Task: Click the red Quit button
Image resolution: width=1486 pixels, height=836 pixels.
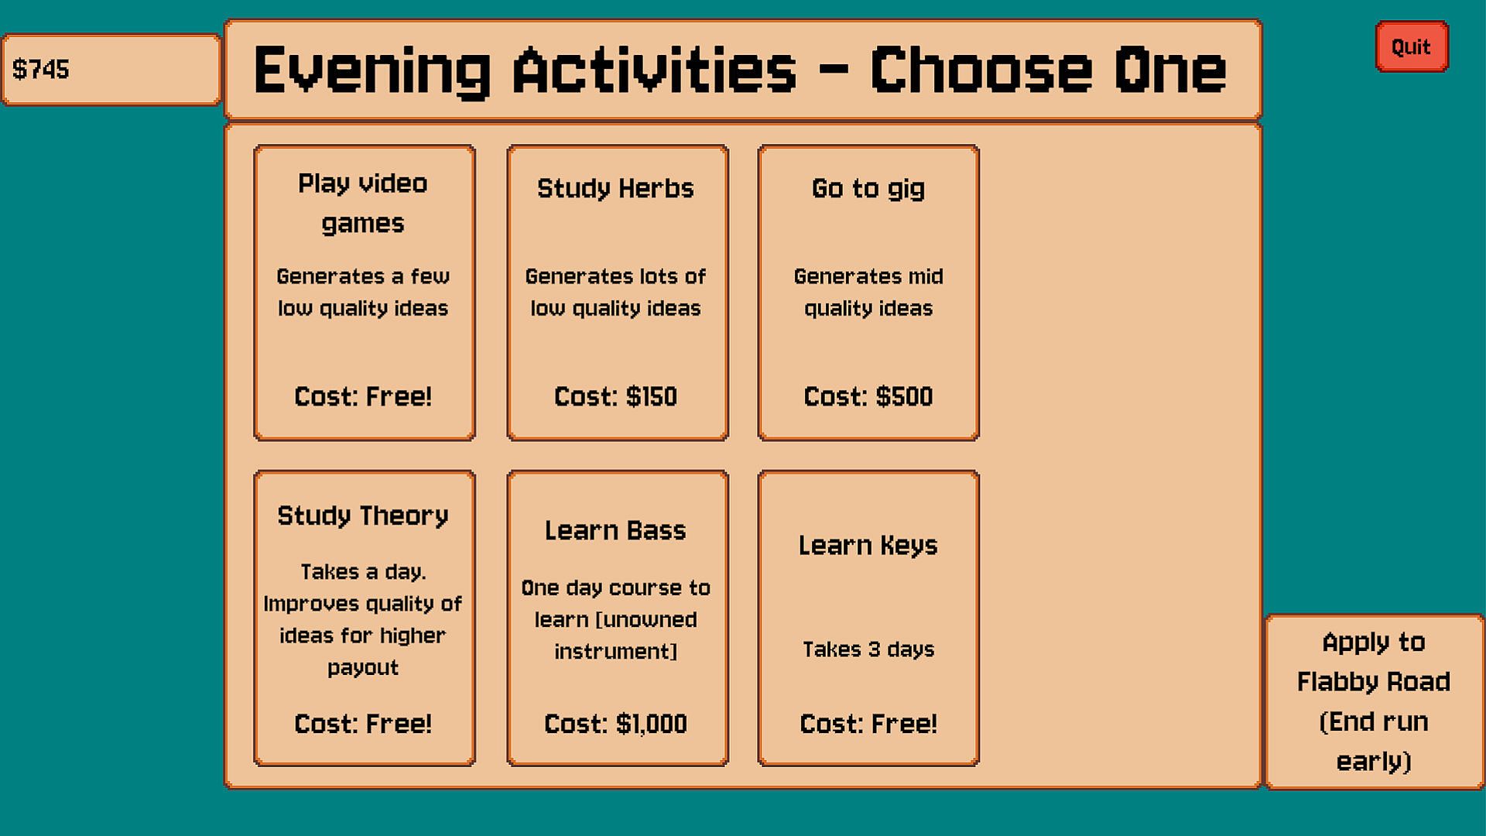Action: (x=1411, y=46)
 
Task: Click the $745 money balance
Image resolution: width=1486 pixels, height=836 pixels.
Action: (x=41, y=69)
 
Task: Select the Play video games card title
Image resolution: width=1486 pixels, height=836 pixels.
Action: (x=363, y=203)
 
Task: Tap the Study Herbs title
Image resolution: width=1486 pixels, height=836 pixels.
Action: (x=615, y=188)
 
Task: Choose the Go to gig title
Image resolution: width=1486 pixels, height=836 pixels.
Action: (x=868, y=188)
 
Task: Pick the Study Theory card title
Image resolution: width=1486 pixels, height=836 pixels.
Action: (x=363, y=516)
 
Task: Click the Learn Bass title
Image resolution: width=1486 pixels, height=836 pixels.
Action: (x=615, y=530)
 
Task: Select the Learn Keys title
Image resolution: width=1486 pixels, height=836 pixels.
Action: (x=868, y=546)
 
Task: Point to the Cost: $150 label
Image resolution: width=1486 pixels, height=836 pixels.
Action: (x=615, y=396)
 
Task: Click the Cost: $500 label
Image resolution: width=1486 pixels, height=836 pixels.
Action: (x=868, y=396)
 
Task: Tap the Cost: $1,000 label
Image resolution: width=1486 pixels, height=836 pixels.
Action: (x=615, y=724)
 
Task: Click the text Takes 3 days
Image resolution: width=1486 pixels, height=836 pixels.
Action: (x=868, y=649)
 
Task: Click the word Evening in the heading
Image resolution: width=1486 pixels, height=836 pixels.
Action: (x=371, y=70)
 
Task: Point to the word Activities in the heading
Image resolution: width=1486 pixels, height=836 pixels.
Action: (x=654, y=70)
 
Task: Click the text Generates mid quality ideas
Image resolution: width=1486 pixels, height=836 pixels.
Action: (x=868, y=293)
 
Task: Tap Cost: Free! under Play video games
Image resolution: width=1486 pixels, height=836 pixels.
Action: (x=363, y=396)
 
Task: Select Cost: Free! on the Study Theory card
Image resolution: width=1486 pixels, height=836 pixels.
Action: (x=363, y=724)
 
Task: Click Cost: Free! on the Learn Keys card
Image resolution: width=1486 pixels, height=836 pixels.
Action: (x=868, y=724)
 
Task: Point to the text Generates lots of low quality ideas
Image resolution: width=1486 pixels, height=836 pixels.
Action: (x=615, y=293)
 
